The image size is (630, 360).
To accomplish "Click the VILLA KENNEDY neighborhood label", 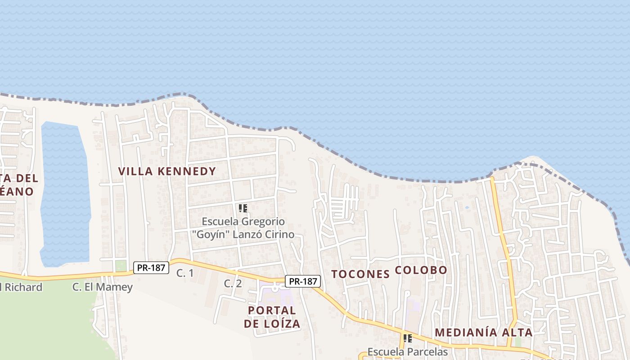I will click(167, 171).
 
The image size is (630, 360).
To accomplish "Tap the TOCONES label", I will click(360, 274).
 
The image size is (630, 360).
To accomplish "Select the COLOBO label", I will click(421, 270).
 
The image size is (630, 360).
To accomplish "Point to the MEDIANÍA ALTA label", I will click(484, 333).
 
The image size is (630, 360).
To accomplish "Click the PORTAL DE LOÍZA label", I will click(272, 317).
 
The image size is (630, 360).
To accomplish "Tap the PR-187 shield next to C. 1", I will click(151, 268).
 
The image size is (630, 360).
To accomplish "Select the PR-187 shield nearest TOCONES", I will click(303, 281).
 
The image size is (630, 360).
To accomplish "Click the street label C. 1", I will click(184, 273).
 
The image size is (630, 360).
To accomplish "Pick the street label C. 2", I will click(233, 283).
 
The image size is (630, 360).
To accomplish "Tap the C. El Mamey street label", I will click(103, 287).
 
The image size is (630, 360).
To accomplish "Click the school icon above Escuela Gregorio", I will click(243, 208).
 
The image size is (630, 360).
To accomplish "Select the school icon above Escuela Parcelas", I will click(407, 338).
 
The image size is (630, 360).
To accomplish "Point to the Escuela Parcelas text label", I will click(407, 351).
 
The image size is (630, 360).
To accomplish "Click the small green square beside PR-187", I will click(121, 266).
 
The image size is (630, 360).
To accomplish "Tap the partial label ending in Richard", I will click(21, 287).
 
